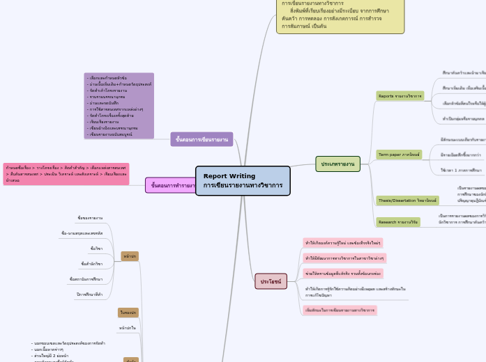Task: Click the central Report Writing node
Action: pos(243,181)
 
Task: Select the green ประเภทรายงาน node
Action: pos(337,164)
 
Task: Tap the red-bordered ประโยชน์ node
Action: pos(271,281)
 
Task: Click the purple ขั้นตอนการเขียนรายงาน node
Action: pos(202,139)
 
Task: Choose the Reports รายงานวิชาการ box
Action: pos(400,95)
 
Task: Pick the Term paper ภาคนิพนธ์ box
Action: pos(399,154)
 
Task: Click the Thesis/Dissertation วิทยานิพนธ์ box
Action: pos(407,200)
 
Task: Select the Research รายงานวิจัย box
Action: pos(398,222)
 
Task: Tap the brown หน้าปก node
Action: pos(130,256)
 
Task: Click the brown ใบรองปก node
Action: pos(128,313)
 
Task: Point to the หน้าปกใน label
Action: pos(127,327)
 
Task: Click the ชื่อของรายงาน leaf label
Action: pos(90,218)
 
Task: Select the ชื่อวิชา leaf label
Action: pos(96,249)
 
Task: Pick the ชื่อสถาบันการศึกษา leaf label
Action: pos(86,279)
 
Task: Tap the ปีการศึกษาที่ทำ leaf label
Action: pos(89,294)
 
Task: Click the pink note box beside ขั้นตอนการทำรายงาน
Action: pos(66,174)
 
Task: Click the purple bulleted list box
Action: pos(119,106)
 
